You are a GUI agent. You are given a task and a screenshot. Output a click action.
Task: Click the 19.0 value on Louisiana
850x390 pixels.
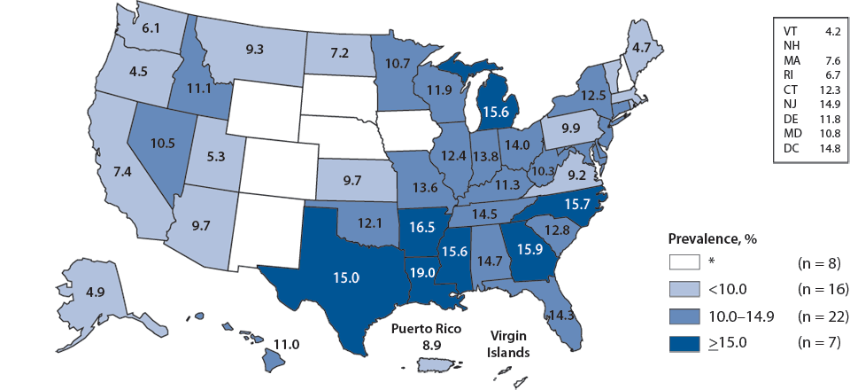(421, 274)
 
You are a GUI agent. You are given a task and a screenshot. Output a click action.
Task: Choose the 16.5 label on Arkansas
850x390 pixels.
(420, 227)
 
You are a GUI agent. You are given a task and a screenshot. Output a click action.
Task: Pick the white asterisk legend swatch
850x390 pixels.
(688, 261)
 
